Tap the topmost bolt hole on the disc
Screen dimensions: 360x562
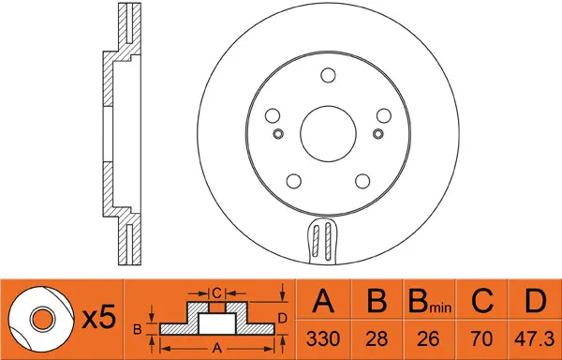click(x=327, y=77)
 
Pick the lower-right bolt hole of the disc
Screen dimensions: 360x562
click(x=362, y=182)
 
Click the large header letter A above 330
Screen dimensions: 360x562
click(x=323, y=302)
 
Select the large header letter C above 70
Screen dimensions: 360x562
click(x=482, y=302)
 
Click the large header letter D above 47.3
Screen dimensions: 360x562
click(x=535, y=302)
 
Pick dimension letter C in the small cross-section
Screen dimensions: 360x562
click(x=216, y=292)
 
